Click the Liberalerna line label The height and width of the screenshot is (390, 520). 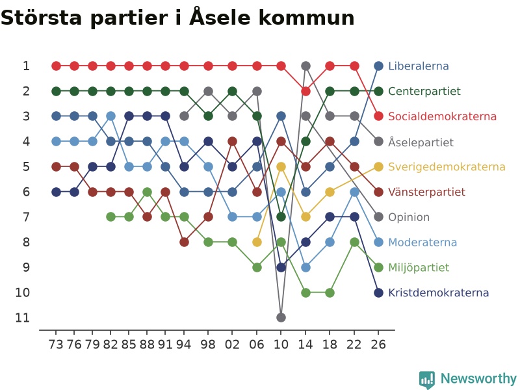pyautogui.click(x=418, y=66)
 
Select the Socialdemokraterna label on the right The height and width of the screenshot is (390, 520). pyautogui.click(x=442, y=116)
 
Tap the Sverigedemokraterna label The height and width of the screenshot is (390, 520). pyautogui.click(x=447, y=167)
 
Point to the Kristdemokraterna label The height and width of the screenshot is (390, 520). pyautogui.click(x=438, y=293)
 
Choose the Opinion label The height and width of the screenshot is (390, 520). pyautogui.click(x=409, y=217)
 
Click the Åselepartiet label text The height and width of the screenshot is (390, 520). pyautogui.click(x=421, y=142)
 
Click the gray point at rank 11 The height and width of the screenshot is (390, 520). pyautogui.click(x=281, y=318)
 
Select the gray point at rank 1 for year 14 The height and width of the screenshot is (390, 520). pyautogui.click(x=305, y=66)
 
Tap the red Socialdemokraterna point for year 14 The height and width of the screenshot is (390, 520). pyautogui.click(x=305, y=91)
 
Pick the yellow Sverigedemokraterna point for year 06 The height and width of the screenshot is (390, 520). pyautogui.click(x=257, y=242)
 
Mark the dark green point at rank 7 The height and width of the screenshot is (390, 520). pyautogui.click(x=281, y=217)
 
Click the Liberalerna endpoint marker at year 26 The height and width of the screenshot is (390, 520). pyautogui.click(x=378, y=66)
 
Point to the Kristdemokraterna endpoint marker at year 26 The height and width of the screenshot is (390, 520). pyautogui.click(x=378, y=293)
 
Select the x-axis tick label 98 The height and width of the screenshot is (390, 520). pyautogui.click(x=208, y=344)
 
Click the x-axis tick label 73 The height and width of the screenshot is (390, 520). pyautogui.click(x=56, y=344)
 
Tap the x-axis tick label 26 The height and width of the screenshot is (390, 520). pyautogui.click(x=378, y=344)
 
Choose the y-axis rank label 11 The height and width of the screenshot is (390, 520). pyautogui.click(x=22, y=318)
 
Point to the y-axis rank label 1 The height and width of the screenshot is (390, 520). pyautogui.click(x=26, y=66)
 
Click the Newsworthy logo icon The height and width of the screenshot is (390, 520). pyautogui.click(x=427, y=380)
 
